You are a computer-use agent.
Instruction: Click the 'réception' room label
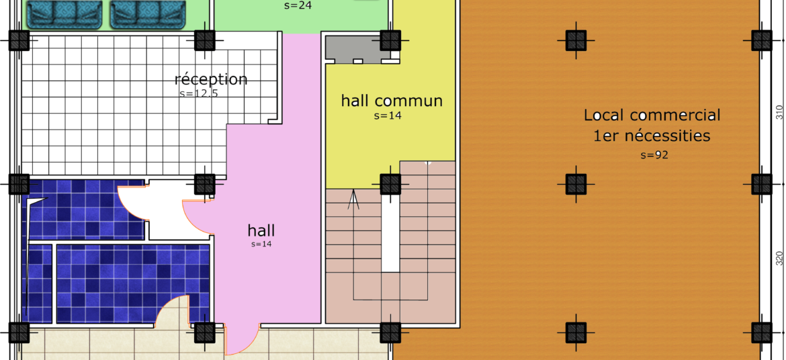pos(211,79)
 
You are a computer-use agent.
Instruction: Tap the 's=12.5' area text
pos(199,93)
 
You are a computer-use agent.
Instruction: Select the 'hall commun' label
pos(392,100)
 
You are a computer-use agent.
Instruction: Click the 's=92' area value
pos(654,155)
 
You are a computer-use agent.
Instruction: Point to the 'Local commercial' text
pos(652,115)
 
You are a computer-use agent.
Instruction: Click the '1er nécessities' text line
pos(652,136)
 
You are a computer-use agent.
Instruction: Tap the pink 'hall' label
pos(261,230)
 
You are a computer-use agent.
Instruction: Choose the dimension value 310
pos(779,112)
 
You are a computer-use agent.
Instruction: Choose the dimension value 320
pos(779,258)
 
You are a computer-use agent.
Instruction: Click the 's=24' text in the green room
pos(298,6)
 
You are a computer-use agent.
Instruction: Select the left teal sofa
pos(64,15)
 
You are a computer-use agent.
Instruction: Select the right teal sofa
pos(148,15)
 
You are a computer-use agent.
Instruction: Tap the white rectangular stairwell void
pos(390,234)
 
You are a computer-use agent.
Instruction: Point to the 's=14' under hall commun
pos(388,116)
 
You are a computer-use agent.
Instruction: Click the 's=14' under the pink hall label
pos(261,244)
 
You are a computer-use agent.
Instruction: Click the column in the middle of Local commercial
pos(576,184)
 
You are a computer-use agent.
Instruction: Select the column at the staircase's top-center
pos(390,184)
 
